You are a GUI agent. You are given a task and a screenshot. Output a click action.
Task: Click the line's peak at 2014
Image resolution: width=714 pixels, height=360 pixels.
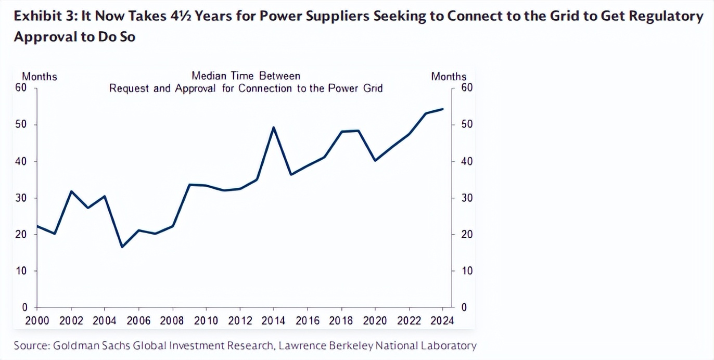coord(274,127)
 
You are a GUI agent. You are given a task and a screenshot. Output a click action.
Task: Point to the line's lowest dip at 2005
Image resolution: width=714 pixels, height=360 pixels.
coord(122,247)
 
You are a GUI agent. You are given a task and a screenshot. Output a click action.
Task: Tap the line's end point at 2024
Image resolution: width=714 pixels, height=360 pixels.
coord(442,109)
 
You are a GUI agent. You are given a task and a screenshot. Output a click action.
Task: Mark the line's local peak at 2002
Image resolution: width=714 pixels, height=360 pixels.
coord(71,191)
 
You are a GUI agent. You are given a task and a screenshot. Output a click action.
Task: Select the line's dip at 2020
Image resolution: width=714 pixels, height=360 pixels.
coord(375,160)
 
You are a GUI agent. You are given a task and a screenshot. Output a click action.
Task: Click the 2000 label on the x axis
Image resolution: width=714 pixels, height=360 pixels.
coord(37,321)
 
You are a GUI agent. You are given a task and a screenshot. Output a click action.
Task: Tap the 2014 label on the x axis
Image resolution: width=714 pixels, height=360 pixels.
coord(274,321)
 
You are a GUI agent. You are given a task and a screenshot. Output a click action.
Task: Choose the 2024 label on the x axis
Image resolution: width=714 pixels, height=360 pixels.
coord(442,321)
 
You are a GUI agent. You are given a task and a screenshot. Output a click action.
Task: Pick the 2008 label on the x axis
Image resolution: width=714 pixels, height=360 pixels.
coord(172,321)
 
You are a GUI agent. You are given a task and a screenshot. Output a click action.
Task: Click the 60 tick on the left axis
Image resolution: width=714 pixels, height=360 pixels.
coord(21,87)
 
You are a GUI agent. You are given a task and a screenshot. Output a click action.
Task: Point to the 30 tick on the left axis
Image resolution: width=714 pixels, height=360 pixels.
coord(21,198)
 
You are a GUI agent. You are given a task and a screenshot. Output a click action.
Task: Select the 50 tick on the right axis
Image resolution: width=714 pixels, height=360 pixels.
coord(467,124)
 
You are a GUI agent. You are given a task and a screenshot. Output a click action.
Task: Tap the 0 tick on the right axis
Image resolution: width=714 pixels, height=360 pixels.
coord(464,307)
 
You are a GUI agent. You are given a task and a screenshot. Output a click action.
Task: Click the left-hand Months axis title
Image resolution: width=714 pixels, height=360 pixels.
coord(40,76)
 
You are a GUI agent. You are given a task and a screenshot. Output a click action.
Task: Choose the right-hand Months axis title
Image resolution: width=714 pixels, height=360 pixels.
coord(449,76)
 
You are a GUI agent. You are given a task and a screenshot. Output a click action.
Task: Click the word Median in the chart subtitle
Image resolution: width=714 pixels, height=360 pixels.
coord(209,76)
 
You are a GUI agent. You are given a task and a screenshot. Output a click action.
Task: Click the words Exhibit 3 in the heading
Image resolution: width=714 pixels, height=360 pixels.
coord(42,16)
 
